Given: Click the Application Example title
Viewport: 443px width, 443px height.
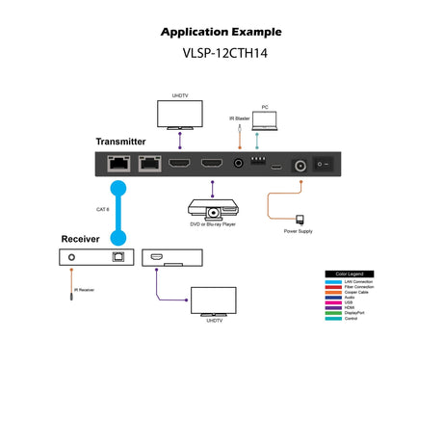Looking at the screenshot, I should tap(221, 32).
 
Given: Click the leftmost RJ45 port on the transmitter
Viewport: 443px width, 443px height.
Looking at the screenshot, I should tap(118, 166).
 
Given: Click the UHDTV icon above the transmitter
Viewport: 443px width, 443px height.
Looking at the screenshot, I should tap(179, 114).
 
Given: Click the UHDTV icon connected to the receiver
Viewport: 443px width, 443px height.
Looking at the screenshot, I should tap(213, 300).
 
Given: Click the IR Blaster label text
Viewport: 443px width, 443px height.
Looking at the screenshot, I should tap(240, 117).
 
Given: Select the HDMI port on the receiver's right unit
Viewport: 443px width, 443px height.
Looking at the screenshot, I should tap(156, 257).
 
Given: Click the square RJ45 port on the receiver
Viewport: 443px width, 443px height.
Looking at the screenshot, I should tap(117, 257).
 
